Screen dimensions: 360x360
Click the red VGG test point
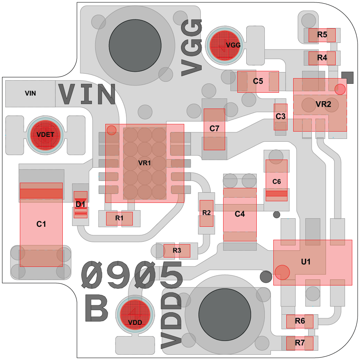225,45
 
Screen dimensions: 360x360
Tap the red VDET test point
45,135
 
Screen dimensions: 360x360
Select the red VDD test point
135,314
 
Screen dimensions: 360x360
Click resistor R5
322,35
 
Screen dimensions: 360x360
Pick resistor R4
322,58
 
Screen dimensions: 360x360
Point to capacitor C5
258,82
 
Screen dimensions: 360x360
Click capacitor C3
281,117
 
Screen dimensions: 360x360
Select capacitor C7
214,129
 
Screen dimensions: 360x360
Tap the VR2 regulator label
323,104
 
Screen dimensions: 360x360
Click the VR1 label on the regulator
145,163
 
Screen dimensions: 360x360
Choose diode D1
80,204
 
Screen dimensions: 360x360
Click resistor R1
119,219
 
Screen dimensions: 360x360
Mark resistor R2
207,213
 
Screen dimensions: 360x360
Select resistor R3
177,251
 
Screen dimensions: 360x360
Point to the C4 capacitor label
240,214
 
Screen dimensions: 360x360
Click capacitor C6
277,180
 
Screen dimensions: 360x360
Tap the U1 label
306,262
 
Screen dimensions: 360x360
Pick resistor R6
300,322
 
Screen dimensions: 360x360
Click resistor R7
300,343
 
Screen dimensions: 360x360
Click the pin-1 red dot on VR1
112,130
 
